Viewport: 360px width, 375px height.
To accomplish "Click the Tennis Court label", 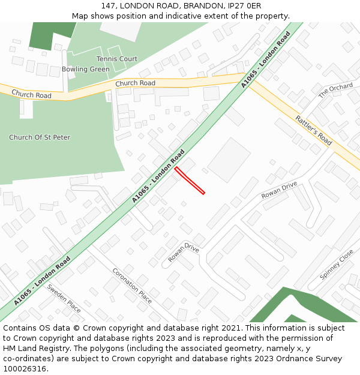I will coord(117,59).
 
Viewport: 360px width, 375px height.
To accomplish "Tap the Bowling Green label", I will coord(86,69).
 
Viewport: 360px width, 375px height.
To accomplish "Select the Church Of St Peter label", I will coord(40,137).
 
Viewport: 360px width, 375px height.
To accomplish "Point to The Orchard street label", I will coord(335,91).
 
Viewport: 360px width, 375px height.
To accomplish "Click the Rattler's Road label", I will coord(314,130).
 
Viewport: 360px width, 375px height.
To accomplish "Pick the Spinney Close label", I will coord(337,265).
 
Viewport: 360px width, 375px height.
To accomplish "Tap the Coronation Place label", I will coord(132,286).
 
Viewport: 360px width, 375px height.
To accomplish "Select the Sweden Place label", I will coord(64,298).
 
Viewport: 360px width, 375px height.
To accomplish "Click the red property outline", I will coord(190,181).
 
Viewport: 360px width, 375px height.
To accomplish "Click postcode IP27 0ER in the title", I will coord(244,6).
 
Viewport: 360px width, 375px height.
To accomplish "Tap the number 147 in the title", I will coord(109,6).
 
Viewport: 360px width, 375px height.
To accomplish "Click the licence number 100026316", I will coord(23,368).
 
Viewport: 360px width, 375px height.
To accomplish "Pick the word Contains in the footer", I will coord(22,328).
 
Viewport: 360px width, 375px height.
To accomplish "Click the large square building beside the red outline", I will coord(229,160).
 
